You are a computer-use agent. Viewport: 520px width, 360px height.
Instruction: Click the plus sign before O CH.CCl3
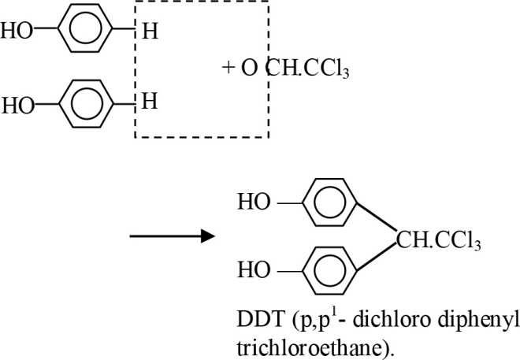[228, 69]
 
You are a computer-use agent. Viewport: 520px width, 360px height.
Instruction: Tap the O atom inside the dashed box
[249, 69]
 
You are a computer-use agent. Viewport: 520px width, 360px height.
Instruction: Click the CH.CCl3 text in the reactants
[306, 69]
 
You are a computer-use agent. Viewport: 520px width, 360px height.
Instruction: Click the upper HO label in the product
[252, 202]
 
